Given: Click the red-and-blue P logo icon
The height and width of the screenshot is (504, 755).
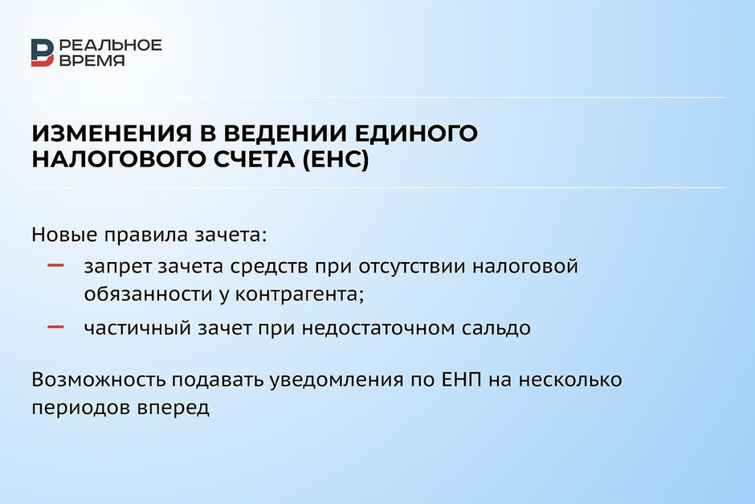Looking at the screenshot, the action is [43, 52].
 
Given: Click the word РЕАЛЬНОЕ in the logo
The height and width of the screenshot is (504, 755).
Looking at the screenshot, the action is [111, 45].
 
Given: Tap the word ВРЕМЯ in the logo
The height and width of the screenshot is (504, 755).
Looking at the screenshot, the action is [92, 60].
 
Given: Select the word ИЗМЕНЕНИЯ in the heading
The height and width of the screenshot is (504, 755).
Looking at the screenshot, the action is [112, 133].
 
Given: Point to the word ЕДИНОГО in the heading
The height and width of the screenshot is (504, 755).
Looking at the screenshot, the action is [419, 133].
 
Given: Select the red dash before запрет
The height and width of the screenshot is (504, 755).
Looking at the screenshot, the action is [56, 265].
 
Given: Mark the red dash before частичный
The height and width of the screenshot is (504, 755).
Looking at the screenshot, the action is [56, 327].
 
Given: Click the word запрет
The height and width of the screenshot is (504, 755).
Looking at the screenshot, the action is [117, 267].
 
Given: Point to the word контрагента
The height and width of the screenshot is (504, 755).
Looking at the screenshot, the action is [299, 295].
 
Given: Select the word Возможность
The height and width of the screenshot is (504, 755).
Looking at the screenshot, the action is [98, 379].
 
